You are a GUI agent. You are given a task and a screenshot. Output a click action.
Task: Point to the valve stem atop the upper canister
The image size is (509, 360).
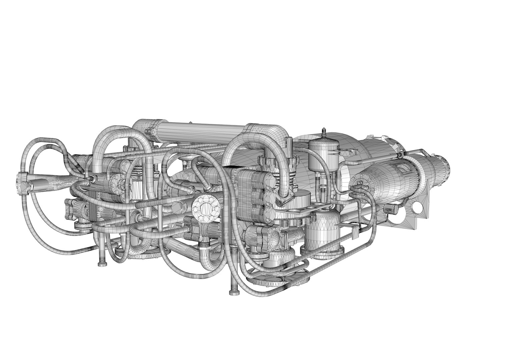tap(322, 131)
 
